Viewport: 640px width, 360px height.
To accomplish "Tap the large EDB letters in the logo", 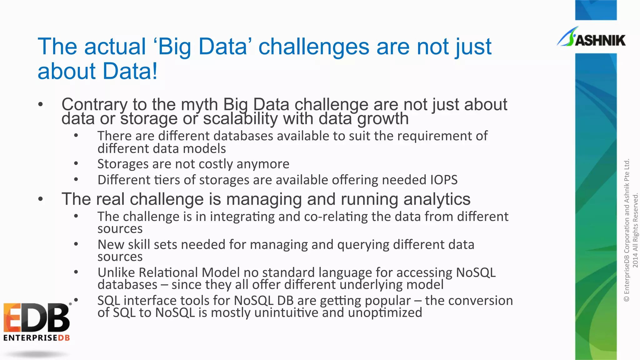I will (37, 318).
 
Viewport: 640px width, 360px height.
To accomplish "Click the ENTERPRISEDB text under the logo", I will (37, 338).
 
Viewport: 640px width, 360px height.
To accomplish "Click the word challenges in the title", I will (314, 47).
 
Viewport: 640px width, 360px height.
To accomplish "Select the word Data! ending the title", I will (130, 71).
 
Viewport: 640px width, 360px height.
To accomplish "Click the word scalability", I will (240, 119).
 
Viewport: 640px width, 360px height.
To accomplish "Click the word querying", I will (363, 245).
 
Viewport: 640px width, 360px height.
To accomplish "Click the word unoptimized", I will (385, 312).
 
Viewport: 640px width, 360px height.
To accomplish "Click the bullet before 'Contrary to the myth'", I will (40, 105).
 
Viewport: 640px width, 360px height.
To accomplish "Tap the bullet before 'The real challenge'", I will (40, 199).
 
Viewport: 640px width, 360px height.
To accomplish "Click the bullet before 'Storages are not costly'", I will (76, 164).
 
